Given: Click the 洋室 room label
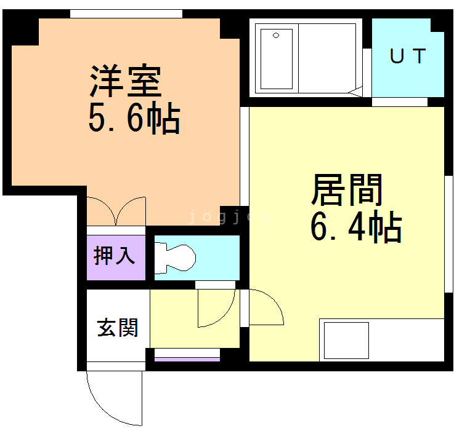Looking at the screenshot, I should click(126, 82).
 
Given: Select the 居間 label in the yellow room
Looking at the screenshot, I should click(347, 190).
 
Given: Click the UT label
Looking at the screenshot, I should click(407, 57).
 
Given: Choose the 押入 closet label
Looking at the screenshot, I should click(115, 254).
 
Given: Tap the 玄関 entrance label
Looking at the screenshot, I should click(117, 328).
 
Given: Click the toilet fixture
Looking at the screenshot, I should click(175, 257).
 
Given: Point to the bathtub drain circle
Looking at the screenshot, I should click(276, 35).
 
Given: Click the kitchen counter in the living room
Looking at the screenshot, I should click(381, 340).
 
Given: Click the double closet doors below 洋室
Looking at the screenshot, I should click(116, 211).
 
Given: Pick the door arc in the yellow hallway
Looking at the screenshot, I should click(216, 307).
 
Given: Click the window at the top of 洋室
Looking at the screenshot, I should click(126, 14).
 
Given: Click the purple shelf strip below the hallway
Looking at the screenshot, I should click(187, 358).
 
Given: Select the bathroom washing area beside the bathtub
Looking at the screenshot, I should click(327, 58).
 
